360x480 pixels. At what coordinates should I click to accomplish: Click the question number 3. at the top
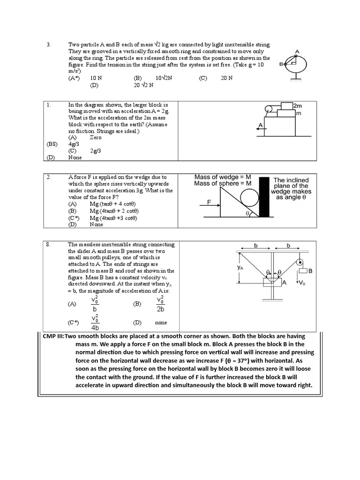[48, 45]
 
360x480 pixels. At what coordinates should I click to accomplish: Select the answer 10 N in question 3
[96, 78]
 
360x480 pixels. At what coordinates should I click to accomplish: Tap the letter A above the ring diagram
[297, 52]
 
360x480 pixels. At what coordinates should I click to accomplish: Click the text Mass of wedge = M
[223, 177]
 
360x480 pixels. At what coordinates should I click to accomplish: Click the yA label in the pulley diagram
[240, 267]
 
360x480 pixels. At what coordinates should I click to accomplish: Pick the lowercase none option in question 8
[161, 323]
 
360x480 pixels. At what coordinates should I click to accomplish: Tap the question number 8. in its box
[48, 245]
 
